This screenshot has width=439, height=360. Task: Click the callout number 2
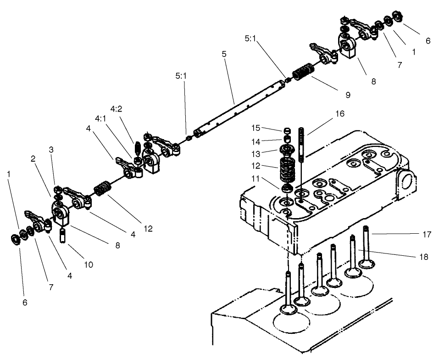pyautogui.click(x=33, y=158)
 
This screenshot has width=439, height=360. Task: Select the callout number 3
pyautogui.click(x=51, y=150)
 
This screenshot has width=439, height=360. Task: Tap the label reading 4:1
pyautogui.click(x=100, y=118)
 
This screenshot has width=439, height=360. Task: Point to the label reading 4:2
pyautogui.click(x=116, y=109)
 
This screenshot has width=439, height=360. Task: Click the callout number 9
pyautogui.click(x=348, y=95)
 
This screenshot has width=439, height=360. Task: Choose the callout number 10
pyautogui.click(x=88, y=264)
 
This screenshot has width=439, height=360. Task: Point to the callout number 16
pyautogui.click(x=340, y=113)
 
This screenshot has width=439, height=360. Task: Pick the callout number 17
pyautogui.click(x=427, y=235)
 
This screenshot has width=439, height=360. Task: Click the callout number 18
pyautogui.click(x=424, y=257)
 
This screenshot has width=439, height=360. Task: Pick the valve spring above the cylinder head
pyautogui.click(x=287, y=170)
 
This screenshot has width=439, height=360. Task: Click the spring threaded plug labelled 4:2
pyautogui.click(x=136, y=148)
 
